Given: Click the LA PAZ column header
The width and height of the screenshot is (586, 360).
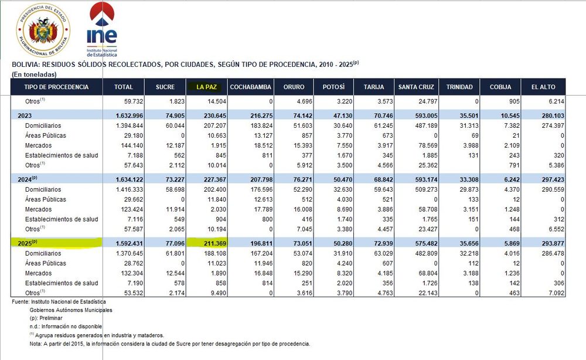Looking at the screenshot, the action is [206, 87].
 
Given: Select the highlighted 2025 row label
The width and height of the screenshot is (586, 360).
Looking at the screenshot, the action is [28, 243].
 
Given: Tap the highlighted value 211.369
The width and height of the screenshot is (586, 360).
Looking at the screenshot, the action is [215, 243].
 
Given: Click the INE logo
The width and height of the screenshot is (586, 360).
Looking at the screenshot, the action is [101, 29].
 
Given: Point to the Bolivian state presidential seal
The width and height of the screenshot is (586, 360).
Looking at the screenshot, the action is [43, 30].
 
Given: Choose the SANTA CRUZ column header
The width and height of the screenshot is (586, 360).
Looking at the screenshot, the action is [416, 87].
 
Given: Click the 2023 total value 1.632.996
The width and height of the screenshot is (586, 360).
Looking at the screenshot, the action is [130, 116].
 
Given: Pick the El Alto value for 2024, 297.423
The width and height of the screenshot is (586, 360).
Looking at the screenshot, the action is [553, 180].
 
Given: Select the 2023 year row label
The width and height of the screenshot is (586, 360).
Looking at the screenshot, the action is [25, 116].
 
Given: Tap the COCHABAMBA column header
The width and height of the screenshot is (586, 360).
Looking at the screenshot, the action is [250, 87].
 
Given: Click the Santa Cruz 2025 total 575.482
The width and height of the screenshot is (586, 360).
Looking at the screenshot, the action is [426, 243].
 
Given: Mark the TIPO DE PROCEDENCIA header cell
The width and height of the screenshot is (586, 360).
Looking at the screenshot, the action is [56, 87].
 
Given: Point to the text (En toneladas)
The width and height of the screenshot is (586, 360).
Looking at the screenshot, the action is [34, 74].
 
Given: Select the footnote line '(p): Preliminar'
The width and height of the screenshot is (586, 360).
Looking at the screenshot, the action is [46, 318].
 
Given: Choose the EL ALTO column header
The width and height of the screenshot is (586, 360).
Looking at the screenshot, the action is [543, 87].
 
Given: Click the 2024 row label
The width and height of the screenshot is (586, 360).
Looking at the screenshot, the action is [28, 179].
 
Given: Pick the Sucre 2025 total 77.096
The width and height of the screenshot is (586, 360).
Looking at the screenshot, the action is [175, 243].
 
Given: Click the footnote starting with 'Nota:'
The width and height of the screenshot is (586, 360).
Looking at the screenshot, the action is [170, 344].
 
